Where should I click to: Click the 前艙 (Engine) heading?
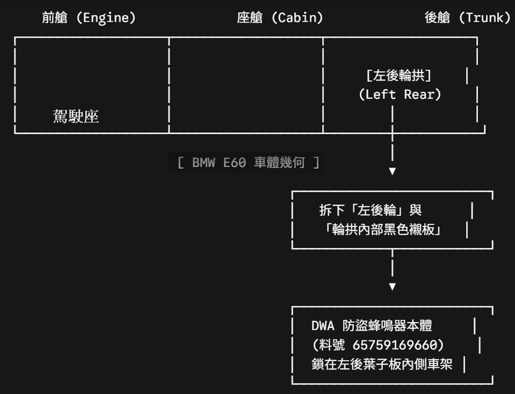[88, 18]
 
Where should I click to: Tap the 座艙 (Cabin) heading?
[280, 18]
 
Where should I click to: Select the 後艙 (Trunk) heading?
[467, 18]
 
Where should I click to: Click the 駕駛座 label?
[76, 117]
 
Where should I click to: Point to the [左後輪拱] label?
[398, 75]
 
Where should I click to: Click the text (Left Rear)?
[399, 94]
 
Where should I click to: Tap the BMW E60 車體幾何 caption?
[248, 162]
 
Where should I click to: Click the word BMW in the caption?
[203, 162]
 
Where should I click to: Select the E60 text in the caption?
[234, 162]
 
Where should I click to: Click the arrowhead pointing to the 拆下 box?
[392, 171]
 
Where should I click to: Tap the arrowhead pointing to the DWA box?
[392, 286]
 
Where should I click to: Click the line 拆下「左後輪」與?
[370, 210]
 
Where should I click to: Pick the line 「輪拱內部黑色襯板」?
[383, 230]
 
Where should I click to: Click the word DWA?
[323, 326]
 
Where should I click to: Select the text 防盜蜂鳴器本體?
[387, 326]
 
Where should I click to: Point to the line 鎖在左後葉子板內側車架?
[382, 364]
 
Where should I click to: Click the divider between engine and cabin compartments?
[169, 85]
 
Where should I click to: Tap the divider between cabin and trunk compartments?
[323, 85]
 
